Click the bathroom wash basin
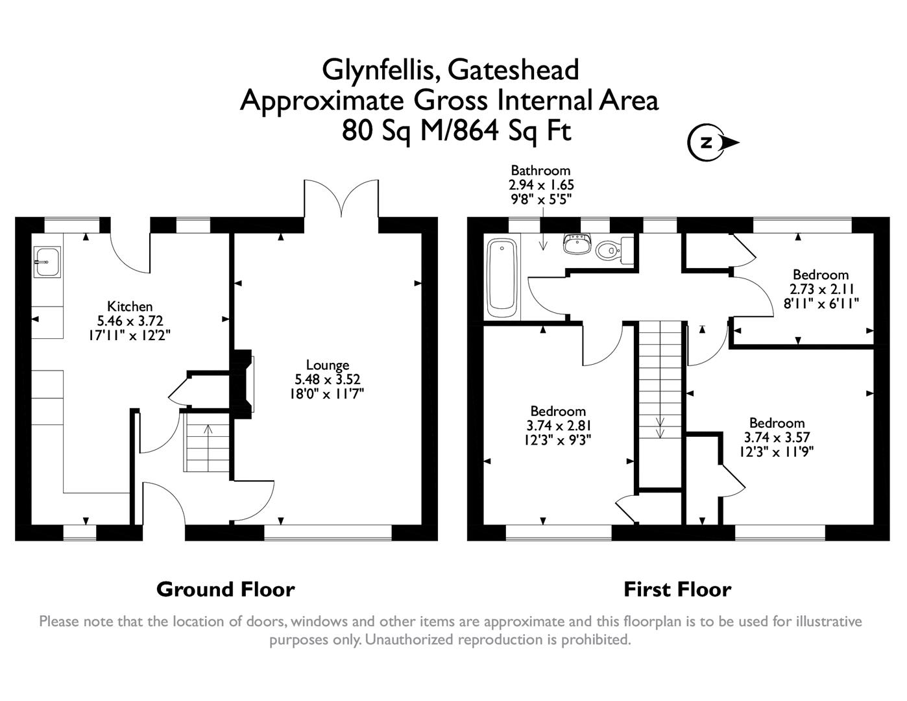575,244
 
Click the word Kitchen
130,306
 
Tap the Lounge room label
328,365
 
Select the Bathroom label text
540,171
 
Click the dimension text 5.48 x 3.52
328,380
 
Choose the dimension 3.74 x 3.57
777,437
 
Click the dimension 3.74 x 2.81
558,425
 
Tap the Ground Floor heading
225,589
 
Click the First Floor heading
677,589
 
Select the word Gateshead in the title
513,69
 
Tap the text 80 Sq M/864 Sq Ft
457,131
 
